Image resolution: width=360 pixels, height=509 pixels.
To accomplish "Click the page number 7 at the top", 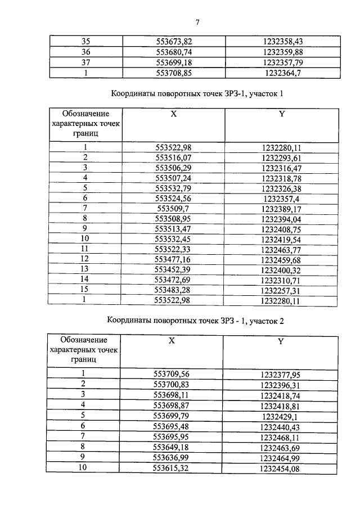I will coord(197,22).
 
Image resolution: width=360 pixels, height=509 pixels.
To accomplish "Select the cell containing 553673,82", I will coord(177,41).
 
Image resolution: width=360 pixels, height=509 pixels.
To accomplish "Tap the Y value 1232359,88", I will coord(282,52).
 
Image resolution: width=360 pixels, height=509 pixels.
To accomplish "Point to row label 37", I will coord(86,62).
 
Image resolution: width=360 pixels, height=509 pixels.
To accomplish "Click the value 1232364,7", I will coord(282,73).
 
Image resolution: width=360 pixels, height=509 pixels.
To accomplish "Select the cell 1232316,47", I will coord(282,168).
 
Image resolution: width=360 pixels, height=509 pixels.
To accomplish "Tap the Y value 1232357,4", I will coord(282,198).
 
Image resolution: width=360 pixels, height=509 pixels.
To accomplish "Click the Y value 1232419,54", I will coord(282,239).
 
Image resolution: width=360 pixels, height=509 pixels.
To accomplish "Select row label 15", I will coord(85,290).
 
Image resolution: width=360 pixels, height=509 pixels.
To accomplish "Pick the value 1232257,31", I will coord(282,290).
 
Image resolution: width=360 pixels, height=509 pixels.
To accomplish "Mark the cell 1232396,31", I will coord(280,384).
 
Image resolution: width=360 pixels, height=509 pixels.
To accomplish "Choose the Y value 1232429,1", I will coord(280,415).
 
